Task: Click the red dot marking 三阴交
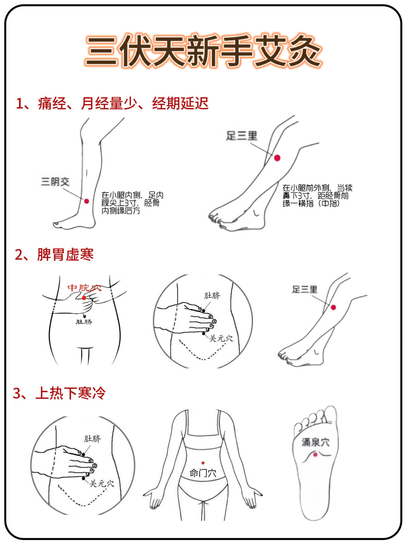[x=87, y=201]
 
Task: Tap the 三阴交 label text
[x=55, y=182]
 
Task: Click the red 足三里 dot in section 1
[x=277, y=158]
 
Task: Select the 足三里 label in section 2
[x=305, y=289]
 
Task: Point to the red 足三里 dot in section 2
[x=333, y=307]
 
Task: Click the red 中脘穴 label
[x=84, y=288]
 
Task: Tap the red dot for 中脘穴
[x=84, y=298]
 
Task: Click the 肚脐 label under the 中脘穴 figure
[x=84, y=322]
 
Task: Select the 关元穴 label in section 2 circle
[x=221, y=339]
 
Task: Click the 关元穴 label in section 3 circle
[x=102, y=483]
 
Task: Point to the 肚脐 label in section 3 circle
[x=93, y=439]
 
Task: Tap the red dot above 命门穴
[x=203, y=463]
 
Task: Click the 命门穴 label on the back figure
[x=203, y=473]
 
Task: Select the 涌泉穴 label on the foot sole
[x=315, y=442]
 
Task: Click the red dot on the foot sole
[x=315, y=455]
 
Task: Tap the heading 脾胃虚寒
[x=65, y=254]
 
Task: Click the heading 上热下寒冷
[x=70, y=393]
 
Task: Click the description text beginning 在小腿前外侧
[x=317, y=196]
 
